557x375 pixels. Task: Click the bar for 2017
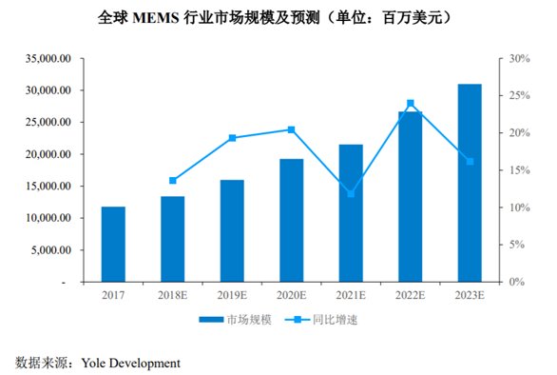(x=113, y=245)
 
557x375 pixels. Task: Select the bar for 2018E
(x=172, y=239)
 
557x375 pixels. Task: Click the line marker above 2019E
(x=232, y=138)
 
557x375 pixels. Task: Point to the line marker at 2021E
(x=351, y=194)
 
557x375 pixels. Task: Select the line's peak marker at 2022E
(x=410, y=103)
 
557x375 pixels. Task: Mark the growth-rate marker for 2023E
(x=470, y=162)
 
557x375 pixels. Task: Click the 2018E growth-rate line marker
(x=172, y=181)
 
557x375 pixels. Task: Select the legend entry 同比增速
(x=335, y=321)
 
